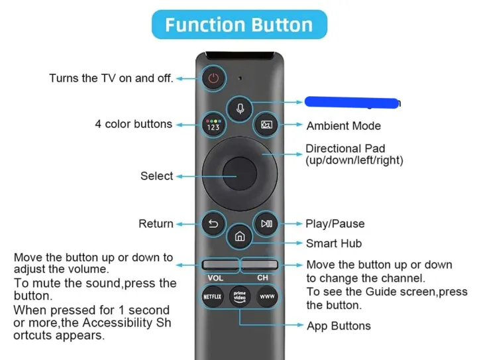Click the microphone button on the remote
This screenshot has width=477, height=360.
tap(239, 106)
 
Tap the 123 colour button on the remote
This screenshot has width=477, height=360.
tap(213, 125)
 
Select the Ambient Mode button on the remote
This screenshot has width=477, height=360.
tap(266, 125)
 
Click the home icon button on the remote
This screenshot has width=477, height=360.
tap(239, 236)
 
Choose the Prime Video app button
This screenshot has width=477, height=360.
tap(239, 296)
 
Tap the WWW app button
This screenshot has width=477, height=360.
tap(266, 296)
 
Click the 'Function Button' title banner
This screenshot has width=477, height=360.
tap(238, 25)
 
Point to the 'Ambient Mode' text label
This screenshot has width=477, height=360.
tap(343, 126)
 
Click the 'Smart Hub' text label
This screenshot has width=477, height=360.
tap(334, 243)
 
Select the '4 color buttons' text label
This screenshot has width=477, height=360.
tap(133, 124)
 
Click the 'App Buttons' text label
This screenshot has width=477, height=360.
tap(339, 326)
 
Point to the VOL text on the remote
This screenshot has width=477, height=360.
tap(215, 278)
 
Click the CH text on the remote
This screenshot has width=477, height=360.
tap(262, 278)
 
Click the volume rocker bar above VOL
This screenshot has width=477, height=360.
tap(219, 265)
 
